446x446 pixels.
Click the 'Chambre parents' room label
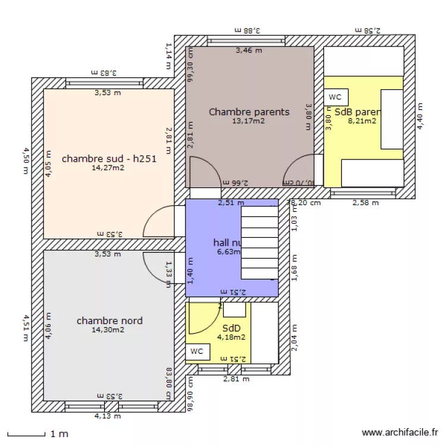(x=249, y=112)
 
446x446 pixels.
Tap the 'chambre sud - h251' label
(x=109, y=159)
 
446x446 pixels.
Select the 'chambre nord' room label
(x=109, y=321)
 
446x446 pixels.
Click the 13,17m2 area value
(x=249, y=121)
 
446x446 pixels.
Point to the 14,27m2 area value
(x=108, y=168)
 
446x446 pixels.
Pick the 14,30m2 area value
(x=108, y=330)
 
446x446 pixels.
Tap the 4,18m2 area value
(x=231, y=337)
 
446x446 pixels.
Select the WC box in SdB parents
(x=335, y=97)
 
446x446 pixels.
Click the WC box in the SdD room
(x=197, y=351)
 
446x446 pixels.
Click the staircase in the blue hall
(x=259, y=241)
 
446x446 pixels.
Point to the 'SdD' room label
(x=231, y=328)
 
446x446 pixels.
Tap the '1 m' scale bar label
(x=58, y=434)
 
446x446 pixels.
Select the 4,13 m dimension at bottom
(x=108, y=416)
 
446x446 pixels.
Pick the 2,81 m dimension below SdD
(x=235, y=378)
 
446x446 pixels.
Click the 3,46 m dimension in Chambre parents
(x=249, y=51)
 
